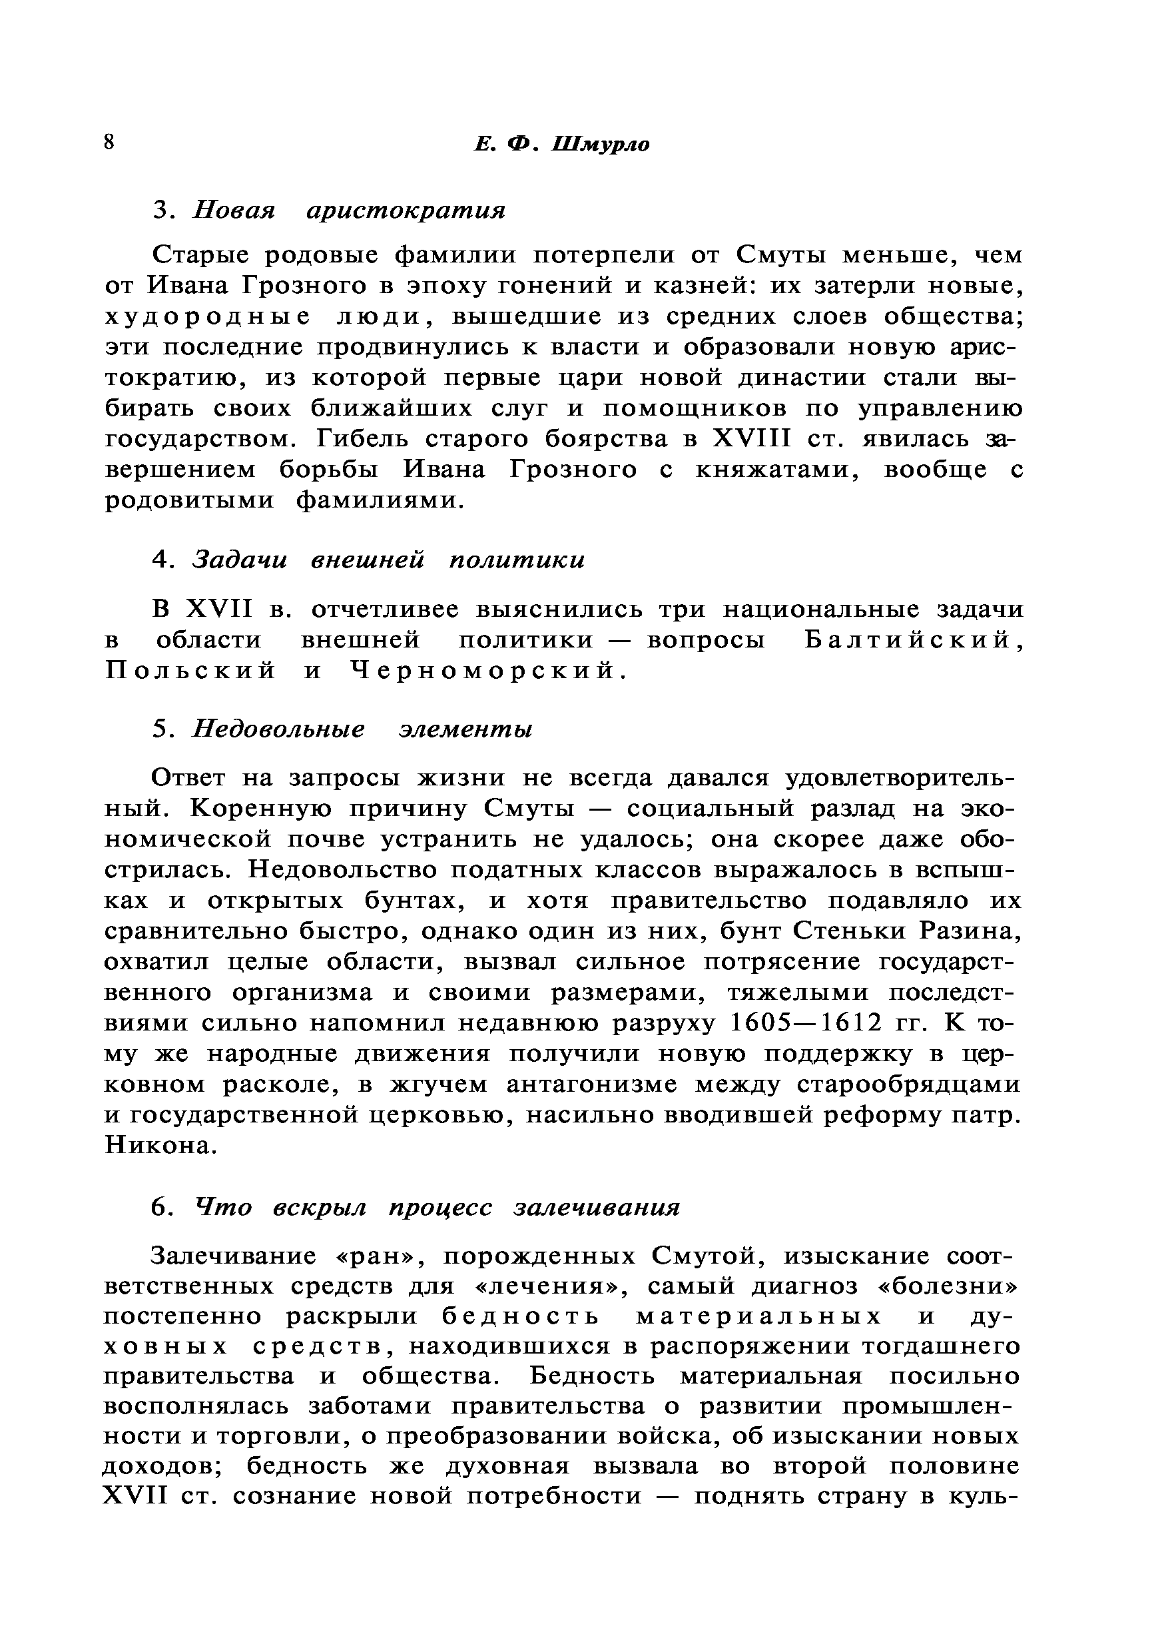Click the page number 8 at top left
point(109,142)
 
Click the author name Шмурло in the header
point(601,145)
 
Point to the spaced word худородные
point(208,316)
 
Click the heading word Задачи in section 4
point(240,560)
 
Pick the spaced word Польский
point(190,671)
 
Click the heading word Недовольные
point(278,729)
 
